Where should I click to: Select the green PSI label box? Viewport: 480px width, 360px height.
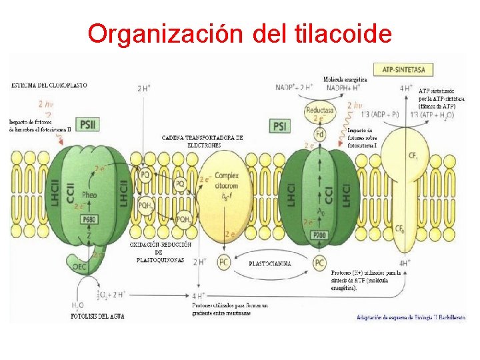281,125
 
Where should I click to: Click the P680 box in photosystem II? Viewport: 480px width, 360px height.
89,219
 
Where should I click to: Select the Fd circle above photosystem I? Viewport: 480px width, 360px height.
320,135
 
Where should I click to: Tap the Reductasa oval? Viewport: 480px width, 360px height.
320,109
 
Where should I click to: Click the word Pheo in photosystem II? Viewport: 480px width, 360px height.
89,195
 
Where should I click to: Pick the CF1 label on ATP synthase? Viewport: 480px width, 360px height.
413,155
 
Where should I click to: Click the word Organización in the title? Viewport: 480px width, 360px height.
164,33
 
